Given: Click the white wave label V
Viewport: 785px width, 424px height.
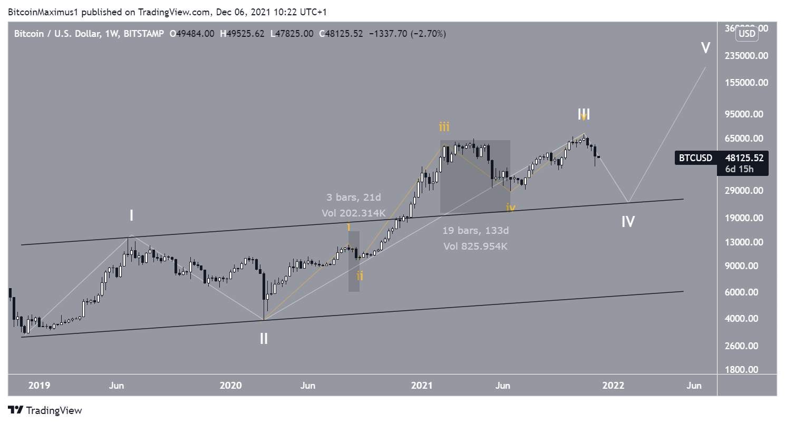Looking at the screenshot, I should coord(705,48).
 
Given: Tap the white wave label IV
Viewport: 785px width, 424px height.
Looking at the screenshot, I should coord(627,222).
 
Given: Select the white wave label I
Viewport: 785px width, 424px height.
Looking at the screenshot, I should coord(131,215).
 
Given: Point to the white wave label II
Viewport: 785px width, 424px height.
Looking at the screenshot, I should coord(264,339).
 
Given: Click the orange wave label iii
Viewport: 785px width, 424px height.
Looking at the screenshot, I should coord(445,126).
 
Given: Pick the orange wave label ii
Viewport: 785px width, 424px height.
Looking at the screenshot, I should coord(360,275).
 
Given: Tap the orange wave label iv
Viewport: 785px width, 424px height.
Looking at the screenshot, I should coord(510,209).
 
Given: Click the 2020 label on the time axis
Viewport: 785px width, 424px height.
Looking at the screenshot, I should coord(230,386).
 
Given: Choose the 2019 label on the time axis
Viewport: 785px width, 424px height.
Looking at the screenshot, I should coord(39,386).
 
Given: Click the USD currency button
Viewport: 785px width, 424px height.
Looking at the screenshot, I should coord(748,34).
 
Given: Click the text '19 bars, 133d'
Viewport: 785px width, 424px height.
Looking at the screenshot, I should coord(475,230).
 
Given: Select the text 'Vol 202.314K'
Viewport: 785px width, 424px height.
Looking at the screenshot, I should coord(353,213).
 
